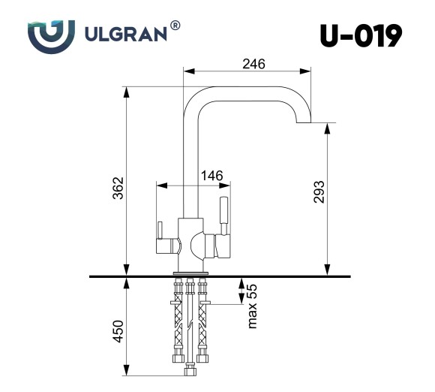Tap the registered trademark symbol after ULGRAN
point(175,26)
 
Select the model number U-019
point(361,35)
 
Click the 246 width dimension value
point(253,64)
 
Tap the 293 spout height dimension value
point(318,194)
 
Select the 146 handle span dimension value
point(212,176)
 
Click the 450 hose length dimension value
point(118,330)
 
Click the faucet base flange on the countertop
point(190,272)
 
